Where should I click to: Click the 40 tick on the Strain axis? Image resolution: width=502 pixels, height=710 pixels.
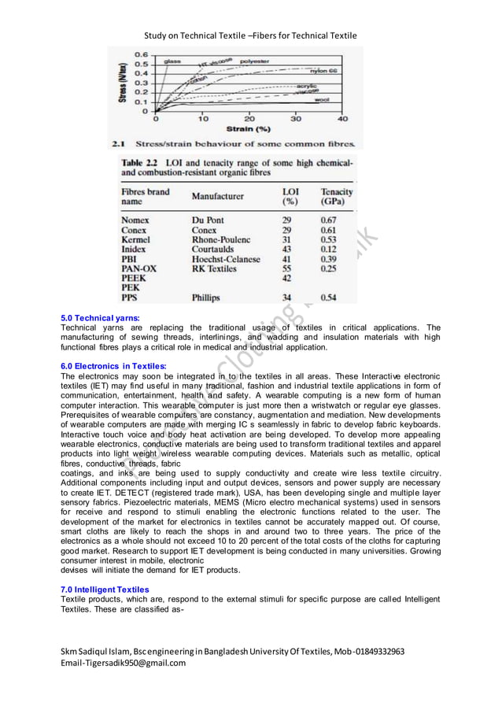(342, 119)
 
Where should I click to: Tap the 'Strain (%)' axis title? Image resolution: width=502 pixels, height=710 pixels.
(249, 128)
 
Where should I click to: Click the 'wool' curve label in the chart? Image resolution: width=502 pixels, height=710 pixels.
(321, 100)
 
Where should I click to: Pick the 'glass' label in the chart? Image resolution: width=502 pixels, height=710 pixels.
(172, 61)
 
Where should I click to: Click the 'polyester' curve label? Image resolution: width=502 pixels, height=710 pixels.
(254, 61)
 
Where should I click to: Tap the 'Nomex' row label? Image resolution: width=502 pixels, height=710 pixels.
(135, 220)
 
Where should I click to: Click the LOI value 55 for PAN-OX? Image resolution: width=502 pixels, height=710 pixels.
(287, 268)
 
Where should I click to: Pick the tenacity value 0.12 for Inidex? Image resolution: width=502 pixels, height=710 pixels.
(328, 249)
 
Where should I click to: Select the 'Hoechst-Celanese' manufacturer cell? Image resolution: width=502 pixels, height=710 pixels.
(226, 259)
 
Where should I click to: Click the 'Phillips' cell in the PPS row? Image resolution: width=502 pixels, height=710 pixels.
(206, 298)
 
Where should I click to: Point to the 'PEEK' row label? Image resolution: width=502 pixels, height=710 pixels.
(134, 279)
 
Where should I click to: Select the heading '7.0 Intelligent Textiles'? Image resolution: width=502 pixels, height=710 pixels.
(105, 590)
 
